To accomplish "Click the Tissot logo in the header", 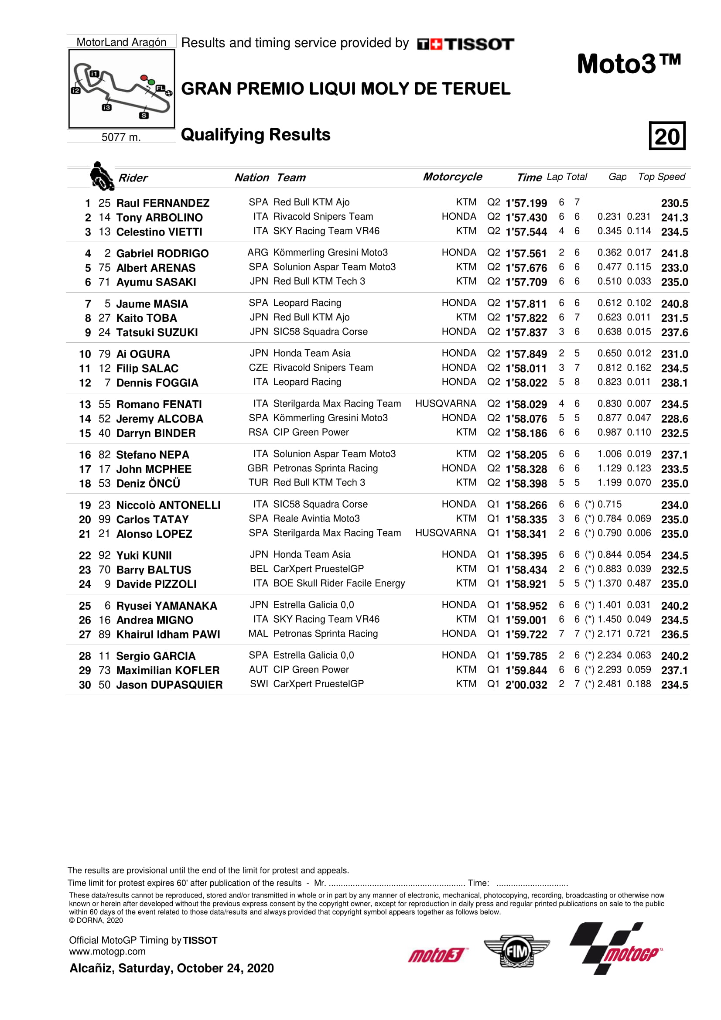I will [x=465, y=44].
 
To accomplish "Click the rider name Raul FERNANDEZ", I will [x=163, y=203].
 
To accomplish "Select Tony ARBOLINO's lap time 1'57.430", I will [x=526, y=218].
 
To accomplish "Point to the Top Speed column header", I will [x=662, y=177].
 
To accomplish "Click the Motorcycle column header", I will [x=452, y=177].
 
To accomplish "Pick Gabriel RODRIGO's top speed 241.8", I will [x=674, y=254].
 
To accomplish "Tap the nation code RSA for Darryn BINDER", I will [x=258, y=432].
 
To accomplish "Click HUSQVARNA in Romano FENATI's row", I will [x=446, y=403].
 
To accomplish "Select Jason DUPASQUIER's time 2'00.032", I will [x=526, y=685].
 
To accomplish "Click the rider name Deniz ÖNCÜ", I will [x=148, y=483].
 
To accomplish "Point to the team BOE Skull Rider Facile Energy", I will [x=339, y=583].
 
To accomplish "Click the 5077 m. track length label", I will [x=121, y=137].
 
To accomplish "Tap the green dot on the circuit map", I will [x=151, y=82].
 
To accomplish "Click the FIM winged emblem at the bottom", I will [x=516, y=951].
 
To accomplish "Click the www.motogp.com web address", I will [x=107, y=952].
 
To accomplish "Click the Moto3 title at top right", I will [x=629, y=64].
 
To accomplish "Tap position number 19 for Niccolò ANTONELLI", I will [x=85, y=505].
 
